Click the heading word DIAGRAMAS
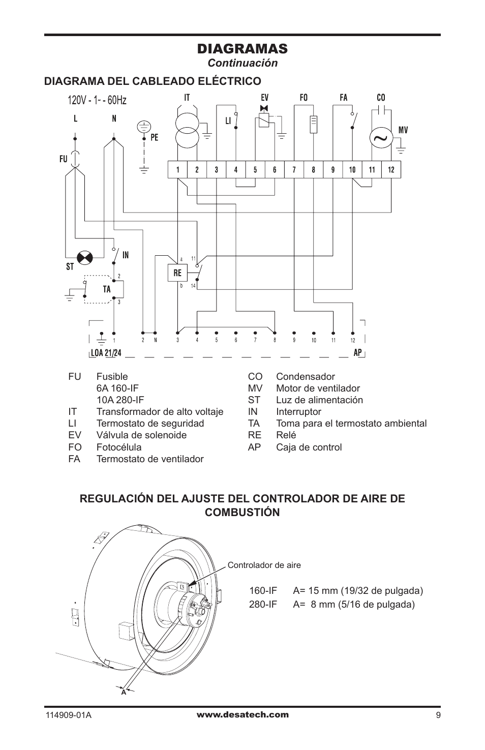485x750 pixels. pos(242,49)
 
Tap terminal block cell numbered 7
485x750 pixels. pos(294,170)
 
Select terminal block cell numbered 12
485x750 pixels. pos(391,170)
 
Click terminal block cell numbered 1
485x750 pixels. pos(177,170)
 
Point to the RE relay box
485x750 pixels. pos(177,273)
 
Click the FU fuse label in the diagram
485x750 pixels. pos(63,159)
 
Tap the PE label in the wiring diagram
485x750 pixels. pos(154,138)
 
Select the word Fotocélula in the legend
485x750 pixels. pos(119,447)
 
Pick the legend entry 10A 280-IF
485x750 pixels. pos(120,400)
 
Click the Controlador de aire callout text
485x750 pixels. pos(264,565)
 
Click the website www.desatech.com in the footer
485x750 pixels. pos(243,714)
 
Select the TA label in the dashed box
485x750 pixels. pos(107,289)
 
